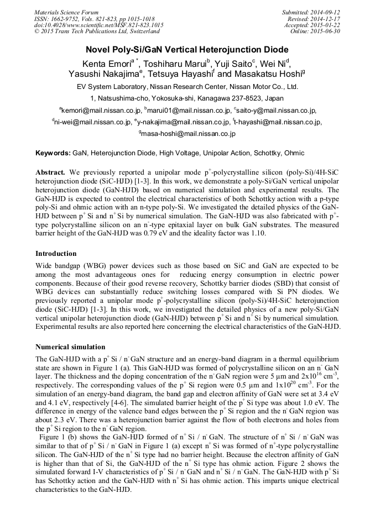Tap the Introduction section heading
click(x=56, y=254)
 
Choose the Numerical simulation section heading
click(x=70, y=347)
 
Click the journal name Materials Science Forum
click(x=66, y=12)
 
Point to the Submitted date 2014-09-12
click(x=325, y=12)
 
